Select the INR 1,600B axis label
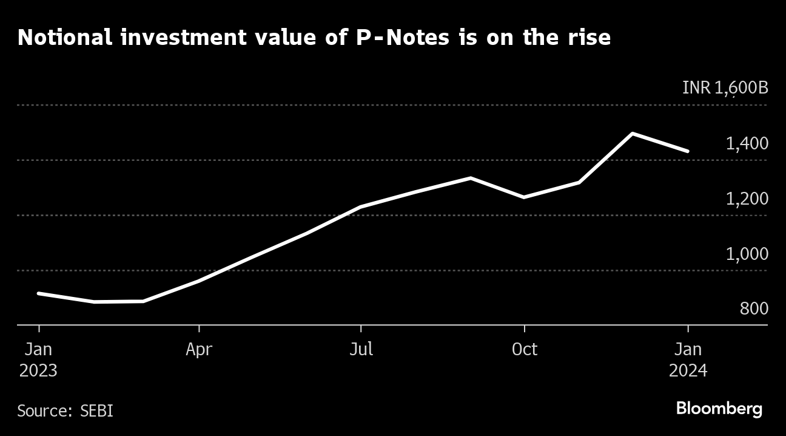point(725,88)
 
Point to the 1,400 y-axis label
point(747,143)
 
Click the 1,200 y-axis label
point(747,199)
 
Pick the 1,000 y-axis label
point(747,254)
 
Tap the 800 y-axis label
point(754,309)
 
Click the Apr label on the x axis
point(199,350)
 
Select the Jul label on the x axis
point(361,350)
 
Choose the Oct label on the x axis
point(524,350)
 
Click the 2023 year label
point(38,370)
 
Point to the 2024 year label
point(688,370)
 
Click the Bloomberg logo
point(719,409)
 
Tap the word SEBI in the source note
point(96,410)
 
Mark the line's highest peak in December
point(633,134)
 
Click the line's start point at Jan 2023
point(39,293)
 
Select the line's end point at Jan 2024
point(688,151)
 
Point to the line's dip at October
point(523,197)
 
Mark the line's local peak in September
point(471,178)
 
